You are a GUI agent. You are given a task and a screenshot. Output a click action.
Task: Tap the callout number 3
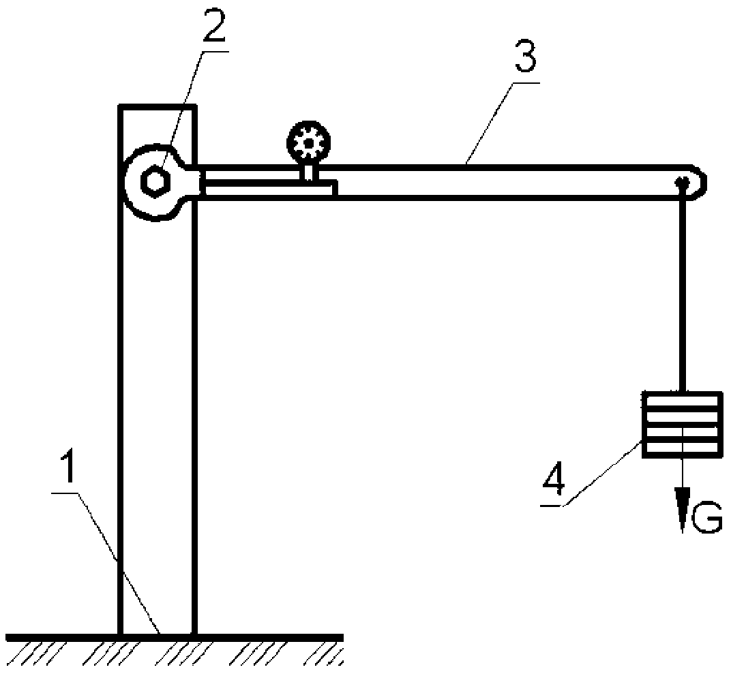pyautogui.click(x=525, y=56)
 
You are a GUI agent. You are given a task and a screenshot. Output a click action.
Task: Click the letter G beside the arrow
pyautogui.click(x=706, y=518)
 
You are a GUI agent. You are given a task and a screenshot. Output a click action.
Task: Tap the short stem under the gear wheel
pyautogui.click(x=309, y=172)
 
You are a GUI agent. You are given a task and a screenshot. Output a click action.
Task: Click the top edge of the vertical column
pyautogui.click(x=158, y=107)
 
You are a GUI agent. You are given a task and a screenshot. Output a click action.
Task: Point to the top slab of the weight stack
pyautogui.click(x=683, y=400)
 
